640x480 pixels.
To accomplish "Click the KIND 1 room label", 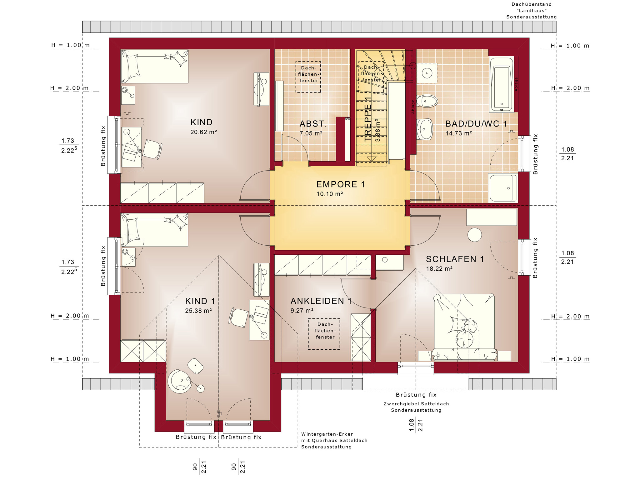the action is (200, 301).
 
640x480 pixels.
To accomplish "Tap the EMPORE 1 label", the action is (341, 184).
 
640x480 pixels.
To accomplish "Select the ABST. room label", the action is (313, 124).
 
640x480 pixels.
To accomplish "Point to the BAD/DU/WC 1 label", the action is (476, 124).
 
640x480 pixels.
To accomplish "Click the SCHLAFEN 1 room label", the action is (455, 259).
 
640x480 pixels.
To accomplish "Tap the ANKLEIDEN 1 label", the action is (321, 301).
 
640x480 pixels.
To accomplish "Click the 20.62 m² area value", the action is (203, 132).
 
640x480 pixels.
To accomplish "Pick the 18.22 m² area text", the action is (439, 269).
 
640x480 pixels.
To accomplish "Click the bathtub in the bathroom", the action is (502, 84).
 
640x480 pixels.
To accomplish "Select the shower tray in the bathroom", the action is (503, 188).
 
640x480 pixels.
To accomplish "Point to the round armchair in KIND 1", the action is (179, 381).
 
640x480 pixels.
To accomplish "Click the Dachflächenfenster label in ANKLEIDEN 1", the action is (325, 331).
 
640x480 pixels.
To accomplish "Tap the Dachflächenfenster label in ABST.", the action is (309, 74).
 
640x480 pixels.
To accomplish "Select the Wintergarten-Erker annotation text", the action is (334, 440).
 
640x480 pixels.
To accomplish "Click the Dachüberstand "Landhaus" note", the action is (532, 11).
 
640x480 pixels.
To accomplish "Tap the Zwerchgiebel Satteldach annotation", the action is (416, 407).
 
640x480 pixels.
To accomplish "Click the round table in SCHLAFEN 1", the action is (475, 235).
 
